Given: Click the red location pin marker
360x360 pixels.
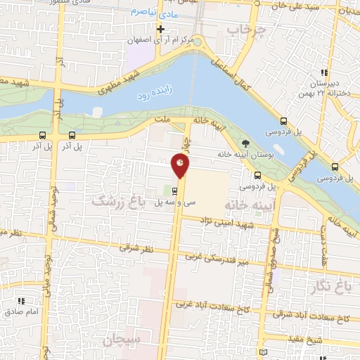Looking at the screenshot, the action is (x=181, y=165).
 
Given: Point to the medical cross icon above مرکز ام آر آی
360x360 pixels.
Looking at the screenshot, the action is (x=161, y=29).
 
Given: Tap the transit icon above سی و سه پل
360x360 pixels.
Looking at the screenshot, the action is (x=175, y=191).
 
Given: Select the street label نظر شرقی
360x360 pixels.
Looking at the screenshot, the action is (x=135, y=247).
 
